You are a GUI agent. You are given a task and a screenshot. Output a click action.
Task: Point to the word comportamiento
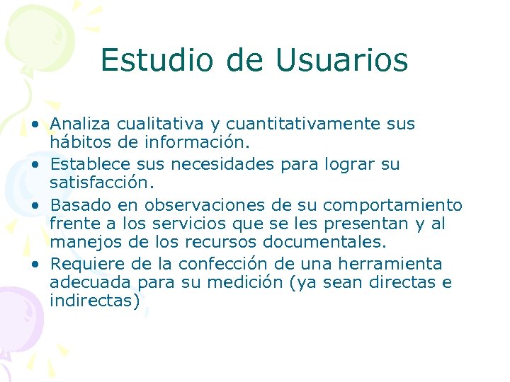click(x=392, y=205)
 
